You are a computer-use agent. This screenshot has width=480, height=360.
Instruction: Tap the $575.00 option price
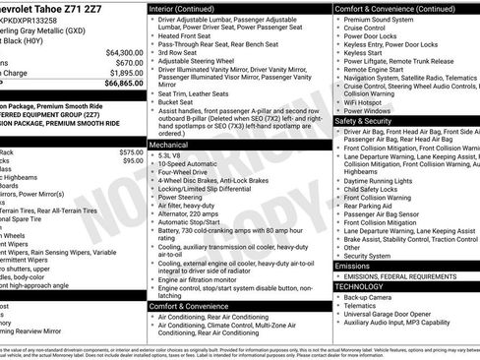tap(131, 152)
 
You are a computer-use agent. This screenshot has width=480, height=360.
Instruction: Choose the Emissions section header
tap(353, 266)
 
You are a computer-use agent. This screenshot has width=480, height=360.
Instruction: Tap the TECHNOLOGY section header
tap(364, 285)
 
